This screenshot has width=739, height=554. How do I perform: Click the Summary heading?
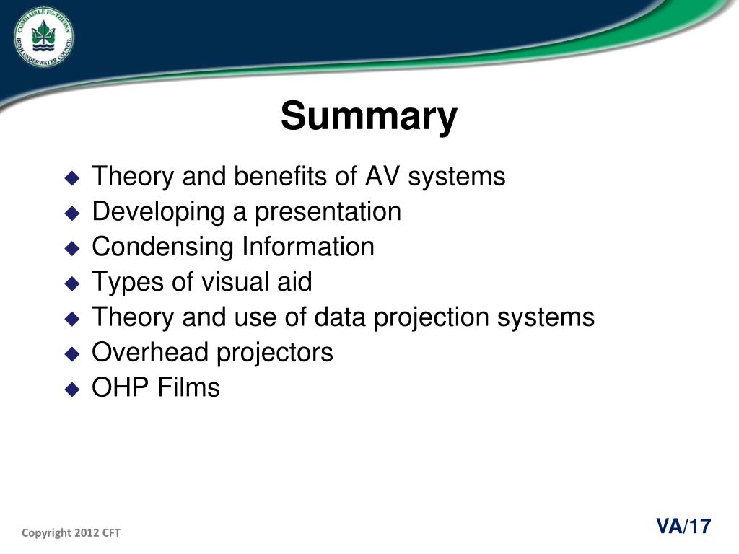pyautogui.click(x=369, y=116)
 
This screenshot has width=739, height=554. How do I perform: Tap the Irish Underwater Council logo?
pyautogui.click(x=44, y=36)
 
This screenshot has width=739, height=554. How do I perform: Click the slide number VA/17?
pyautogui.click(x=683, y=526)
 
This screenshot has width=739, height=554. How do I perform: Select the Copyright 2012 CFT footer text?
pyautogui.click(x=71, y=533)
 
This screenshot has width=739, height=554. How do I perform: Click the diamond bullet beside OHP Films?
pyautogui.click(x=73, y=390)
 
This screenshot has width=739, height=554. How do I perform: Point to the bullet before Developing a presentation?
pyautogui.click(x=73, y=214)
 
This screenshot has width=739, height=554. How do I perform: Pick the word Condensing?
pyautogui.click(x=162, y=247)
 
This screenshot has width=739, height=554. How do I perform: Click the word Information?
pyautogui.click(x=308, y=247)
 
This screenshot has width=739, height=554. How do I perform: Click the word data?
pyautogui.click(x=339, y=317)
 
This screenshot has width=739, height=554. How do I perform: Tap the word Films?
pyautogui.click(x=188, y=387)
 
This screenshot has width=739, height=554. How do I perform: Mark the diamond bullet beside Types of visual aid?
pyautogui.click(x=73, y=283)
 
